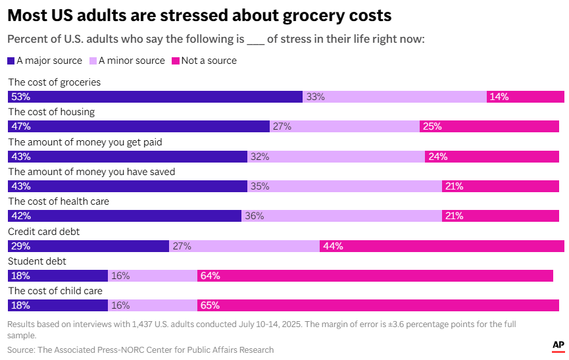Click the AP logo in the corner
(x=558, y=345)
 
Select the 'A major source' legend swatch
(x=11, y=61)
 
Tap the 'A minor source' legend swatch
(x=93, y=61)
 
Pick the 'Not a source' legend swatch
(x=175, y=61)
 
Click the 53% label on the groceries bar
(x=21, y=97)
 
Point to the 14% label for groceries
(x=499, y=97)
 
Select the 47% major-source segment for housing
(x=138, y=126)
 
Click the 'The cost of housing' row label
(x=51, y=112)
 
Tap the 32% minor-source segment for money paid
(x=335, y=157)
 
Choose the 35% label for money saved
(x=260, y=186)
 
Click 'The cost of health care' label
(x=59, y=201)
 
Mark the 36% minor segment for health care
(x=341, y=216)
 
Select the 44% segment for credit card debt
(x=441, y=246)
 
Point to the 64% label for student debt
(x=210, y=276)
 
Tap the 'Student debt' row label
(x=36, y=261)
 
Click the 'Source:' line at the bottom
(x=140, y=349)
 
